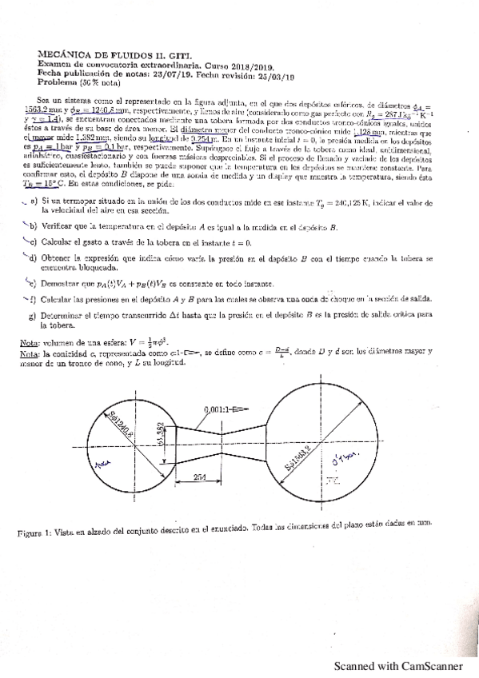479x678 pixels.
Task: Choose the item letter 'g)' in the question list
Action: tap(34, 315)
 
